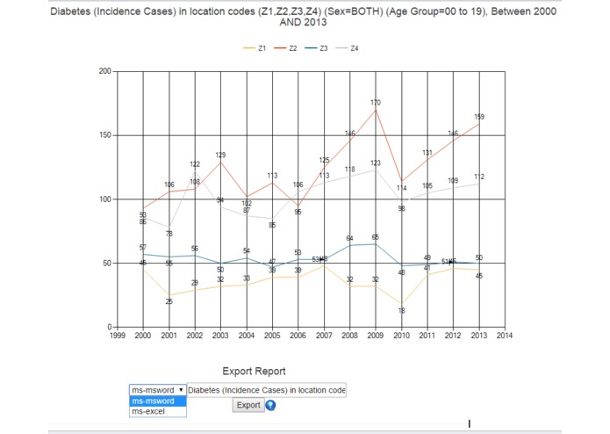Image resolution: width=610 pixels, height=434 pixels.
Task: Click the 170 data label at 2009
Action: coord(376,104)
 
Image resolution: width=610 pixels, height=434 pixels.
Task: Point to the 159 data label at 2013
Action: coord(479,116)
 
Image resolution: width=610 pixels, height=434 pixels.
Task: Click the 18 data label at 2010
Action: coord(402,310)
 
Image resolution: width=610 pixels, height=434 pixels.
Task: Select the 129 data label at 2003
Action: coord(220,155)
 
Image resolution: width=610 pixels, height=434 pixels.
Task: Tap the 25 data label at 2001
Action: coord(169,301)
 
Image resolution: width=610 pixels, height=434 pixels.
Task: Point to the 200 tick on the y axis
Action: coord(105,71)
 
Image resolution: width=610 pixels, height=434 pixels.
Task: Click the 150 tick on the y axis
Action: coord(105,135)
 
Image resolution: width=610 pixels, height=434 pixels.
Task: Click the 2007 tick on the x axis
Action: coord(324,335)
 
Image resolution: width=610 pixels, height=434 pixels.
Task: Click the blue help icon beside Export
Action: coord(270,405)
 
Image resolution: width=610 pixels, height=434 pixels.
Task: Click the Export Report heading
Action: coord(254,371)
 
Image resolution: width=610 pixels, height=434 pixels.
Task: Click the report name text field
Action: coord(267,389)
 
